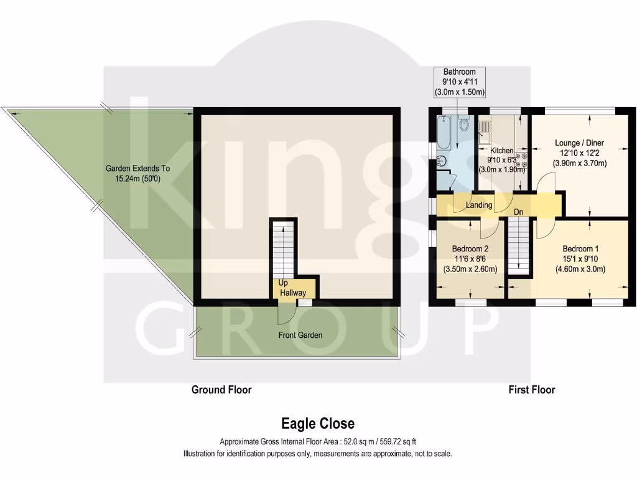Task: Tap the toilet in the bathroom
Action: [463, 127]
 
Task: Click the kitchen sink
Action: [485, 131]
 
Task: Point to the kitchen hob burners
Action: [522, 161]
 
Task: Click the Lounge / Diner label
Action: [579, 143]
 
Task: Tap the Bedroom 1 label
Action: [579, 247]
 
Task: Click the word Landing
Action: [479, 205]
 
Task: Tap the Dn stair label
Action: [518, 211]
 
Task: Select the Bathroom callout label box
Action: [460, 82]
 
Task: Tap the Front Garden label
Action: [300, 335]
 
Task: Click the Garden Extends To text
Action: [137, 168]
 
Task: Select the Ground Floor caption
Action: [221, 390]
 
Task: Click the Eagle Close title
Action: [318, 424]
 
